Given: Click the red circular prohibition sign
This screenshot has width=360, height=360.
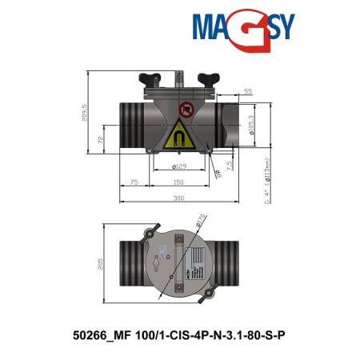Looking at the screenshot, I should (x=186, y=110).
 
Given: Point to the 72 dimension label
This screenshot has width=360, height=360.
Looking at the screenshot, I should (x=102, y=139).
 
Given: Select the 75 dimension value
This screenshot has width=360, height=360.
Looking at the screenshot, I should (x=134, y=182).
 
